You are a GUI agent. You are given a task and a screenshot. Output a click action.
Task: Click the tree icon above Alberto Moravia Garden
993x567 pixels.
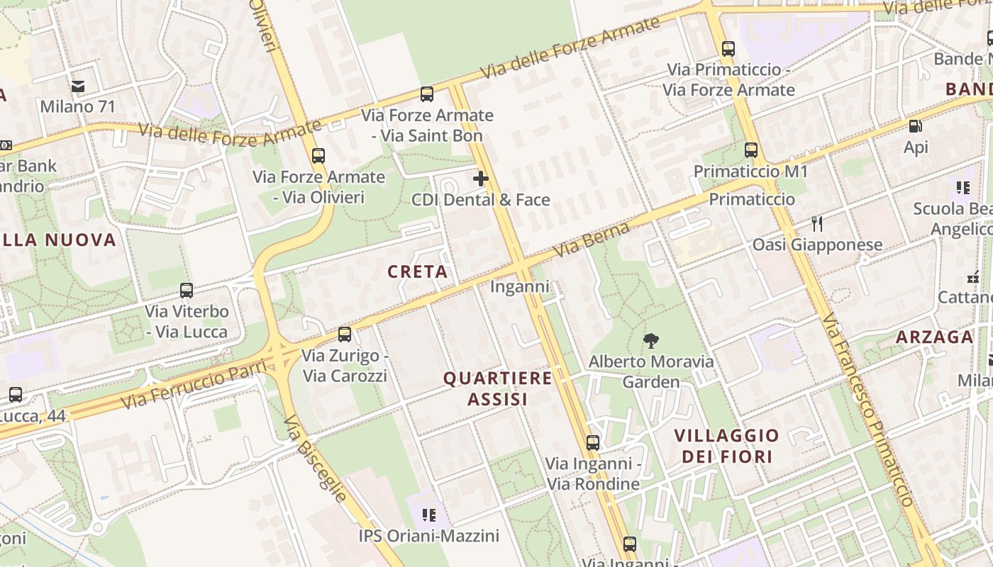click(650, 342)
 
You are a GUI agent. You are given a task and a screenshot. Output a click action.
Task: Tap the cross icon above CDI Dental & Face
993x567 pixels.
click(481, 179)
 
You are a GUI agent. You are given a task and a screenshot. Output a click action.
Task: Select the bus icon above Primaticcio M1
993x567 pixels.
click(750, 150)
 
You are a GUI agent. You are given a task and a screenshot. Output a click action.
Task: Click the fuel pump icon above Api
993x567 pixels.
click(916, 127)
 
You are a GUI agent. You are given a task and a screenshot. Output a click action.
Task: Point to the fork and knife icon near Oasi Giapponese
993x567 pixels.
click(817, 224)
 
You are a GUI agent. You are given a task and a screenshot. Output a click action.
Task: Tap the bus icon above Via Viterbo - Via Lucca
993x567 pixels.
click(187, 290)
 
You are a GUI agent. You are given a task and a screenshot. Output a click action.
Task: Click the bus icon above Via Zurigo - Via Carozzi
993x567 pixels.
click(345, 334)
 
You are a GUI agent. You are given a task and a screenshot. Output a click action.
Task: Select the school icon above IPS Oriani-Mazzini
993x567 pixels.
click(428, 515)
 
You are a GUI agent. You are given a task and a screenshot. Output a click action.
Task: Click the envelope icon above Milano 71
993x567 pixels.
click(77, 86)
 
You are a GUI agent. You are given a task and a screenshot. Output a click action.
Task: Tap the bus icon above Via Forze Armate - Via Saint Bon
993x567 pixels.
click(427, 94)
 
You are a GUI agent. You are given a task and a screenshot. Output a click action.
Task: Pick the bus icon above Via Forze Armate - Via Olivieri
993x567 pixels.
click(318, 155)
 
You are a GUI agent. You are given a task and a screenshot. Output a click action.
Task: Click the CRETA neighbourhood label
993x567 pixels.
click(418, 271)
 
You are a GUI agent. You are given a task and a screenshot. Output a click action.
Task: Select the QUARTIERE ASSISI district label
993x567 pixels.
click(497, 388)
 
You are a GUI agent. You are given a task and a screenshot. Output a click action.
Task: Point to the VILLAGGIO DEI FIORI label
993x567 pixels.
click(726, 445)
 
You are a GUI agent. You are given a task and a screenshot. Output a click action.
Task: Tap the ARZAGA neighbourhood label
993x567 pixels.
click(934, 337)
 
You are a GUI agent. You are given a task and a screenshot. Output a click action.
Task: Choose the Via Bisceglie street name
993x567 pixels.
click(315, 458)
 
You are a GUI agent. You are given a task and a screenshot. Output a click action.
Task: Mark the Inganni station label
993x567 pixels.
click(520, 287)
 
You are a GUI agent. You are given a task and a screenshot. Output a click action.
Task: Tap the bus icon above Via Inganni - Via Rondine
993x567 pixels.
click(593, 443)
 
